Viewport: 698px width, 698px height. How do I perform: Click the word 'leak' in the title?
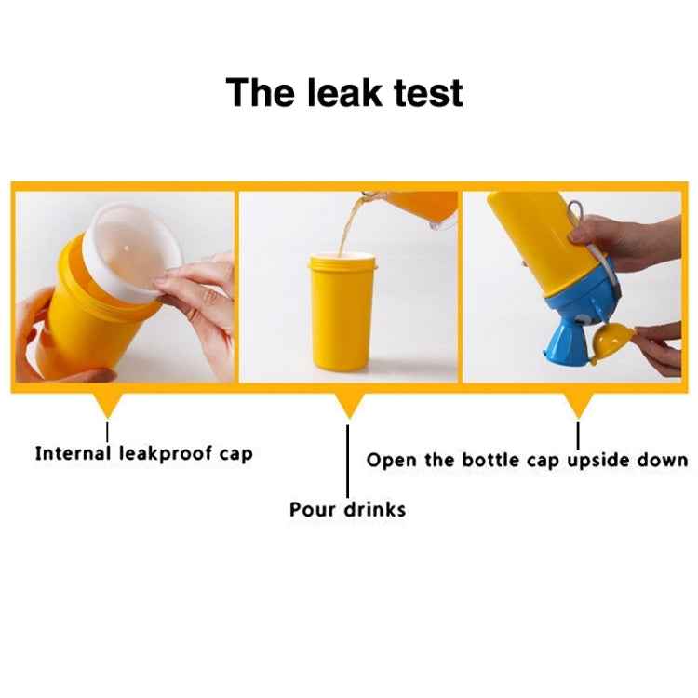point(344,92)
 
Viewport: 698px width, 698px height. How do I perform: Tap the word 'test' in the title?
point(428,93)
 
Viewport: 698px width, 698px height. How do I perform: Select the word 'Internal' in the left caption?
point(73,453)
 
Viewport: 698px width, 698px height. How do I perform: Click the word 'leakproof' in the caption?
point(166,454)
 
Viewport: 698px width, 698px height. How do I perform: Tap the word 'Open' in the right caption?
point(390,461)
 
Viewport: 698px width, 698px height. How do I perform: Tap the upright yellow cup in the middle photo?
point(342,311)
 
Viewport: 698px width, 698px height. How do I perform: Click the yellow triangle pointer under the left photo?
point(108,405)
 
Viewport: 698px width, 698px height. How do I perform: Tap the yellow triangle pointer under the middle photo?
point(349,405)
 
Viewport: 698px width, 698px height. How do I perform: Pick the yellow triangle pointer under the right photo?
point(578,405)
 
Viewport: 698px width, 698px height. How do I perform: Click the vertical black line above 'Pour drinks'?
point(348,461)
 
